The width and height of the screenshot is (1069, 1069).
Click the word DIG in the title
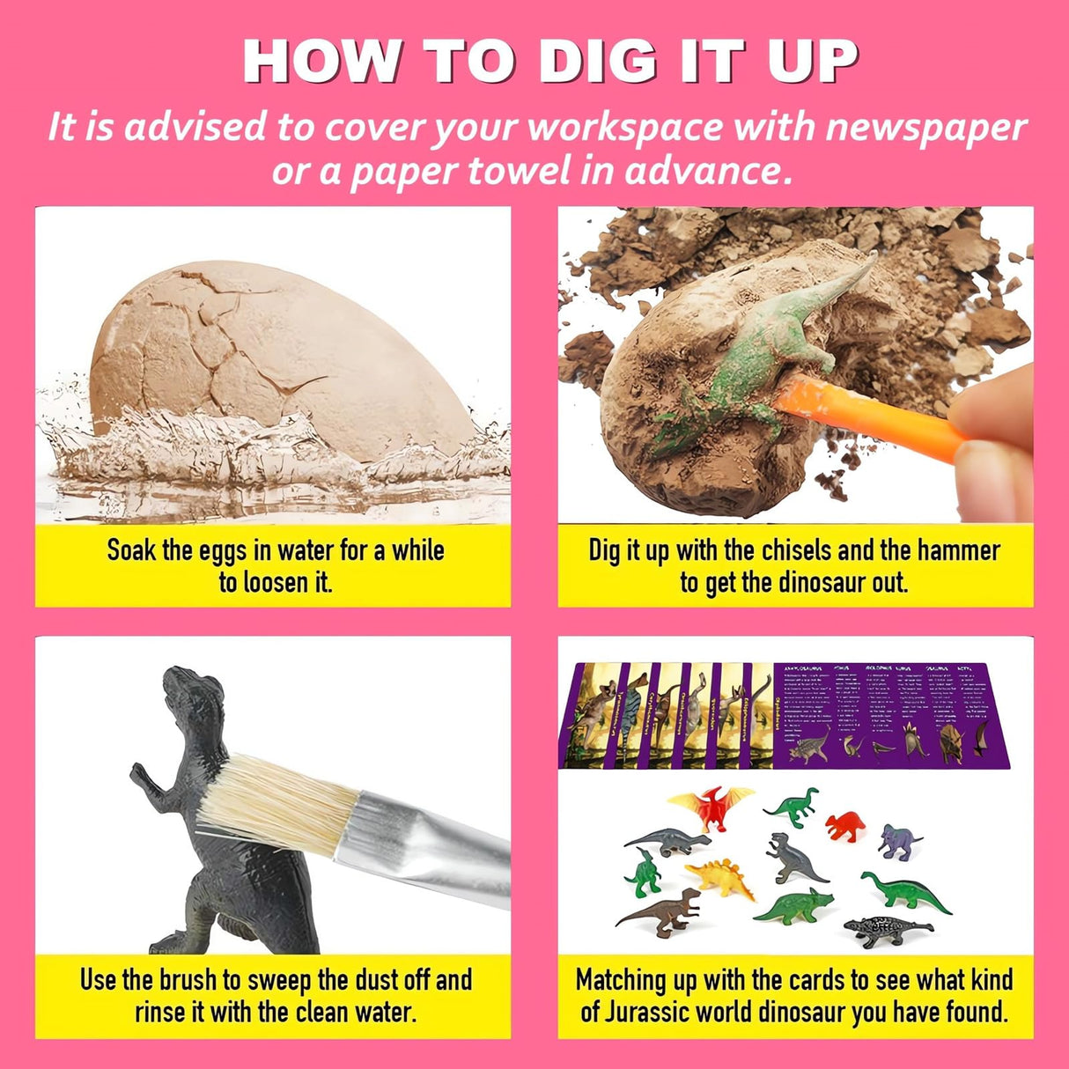[599, 62]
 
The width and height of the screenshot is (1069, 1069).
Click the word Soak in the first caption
[132, 551]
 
